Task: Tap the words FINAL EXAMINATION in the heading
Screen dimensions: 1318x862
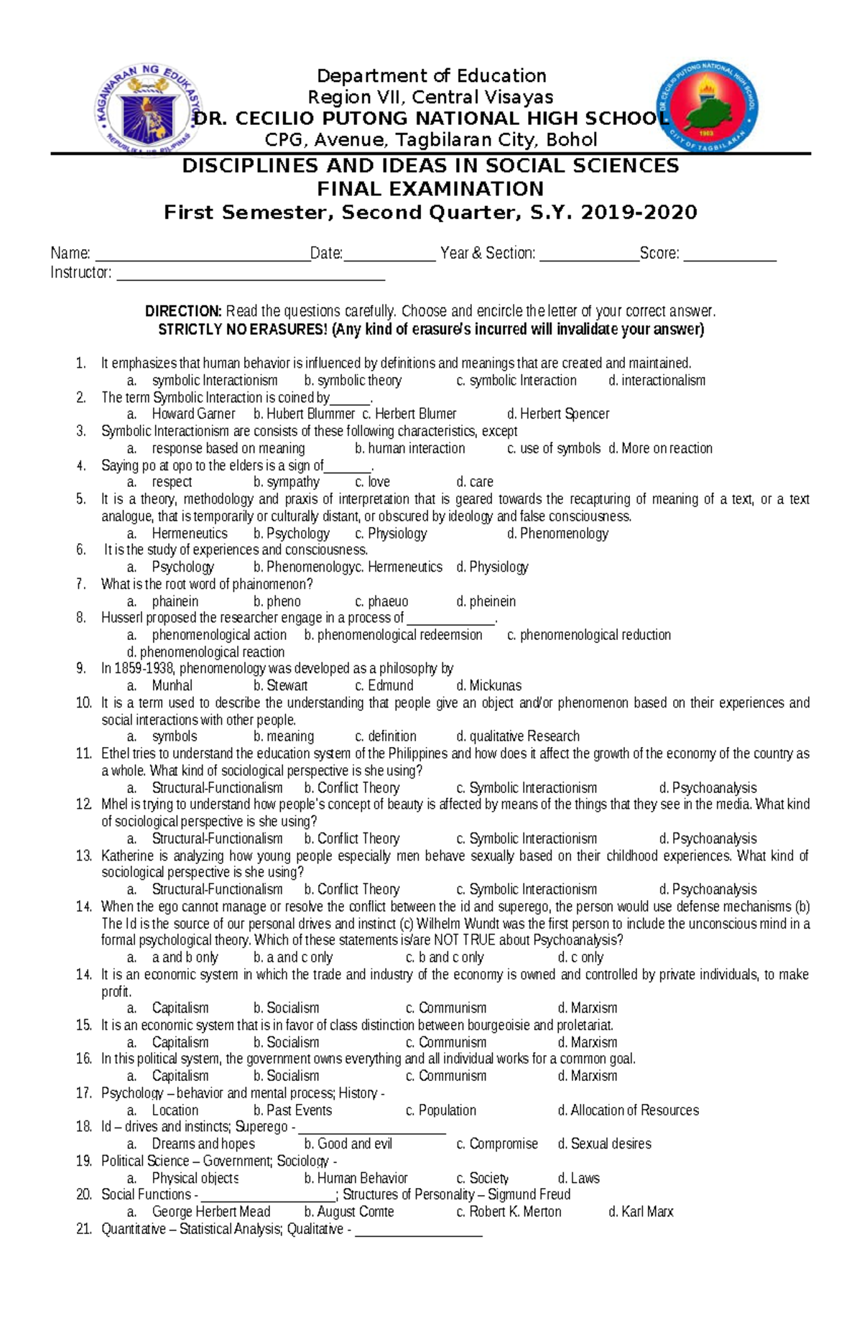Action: [x=430, y=189]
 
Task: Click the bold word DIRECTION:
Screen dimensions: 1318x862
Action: [x=183, y=311]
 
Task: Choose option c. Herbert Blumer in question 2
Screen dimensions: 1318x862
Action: [x=409, y=414]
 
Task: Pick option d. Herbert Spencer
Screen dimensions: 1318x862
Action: [x=558, y=414]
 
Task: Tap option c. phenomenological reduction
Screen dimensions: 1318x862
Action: [x=589, y=635]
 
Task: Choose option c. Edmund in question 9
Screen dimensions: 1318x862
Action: [x=384, y=685]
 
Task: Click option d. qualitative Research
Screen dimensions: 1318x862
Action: [x=518, y=736]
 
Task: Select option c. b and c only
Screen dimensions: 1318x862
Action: [x=445, y=957]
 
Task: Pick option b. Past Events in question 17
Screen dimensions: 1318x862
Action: [x=292, y=1110]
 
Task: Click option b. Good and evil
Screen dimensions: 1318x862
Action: [x=348, y=1143]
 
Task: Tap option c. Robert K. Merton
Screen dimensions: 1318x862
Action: [x=509, y=1212]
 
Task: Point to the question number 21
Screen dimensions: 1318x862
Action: [x=83, y=1229]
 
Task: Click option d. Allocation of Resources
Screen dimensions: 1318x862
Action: [x=628, y=1110]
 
